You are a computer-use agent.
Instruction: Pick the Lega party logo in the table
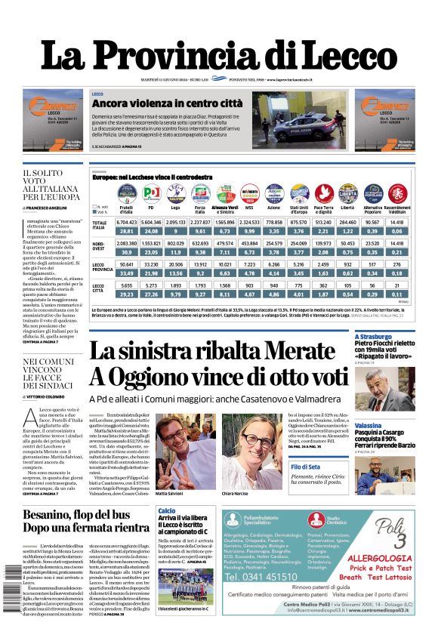pyautogui.click(x=175, y=193)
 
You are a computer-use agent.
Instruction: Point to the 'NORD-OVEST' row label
pyautogui.click(x=100, y=247)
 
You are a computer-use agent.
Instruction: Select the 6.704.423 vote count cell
pyautogui.click(x=126, y=223)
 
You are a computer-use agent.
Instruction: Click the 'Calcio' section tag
pyautogui.click(x=167, y=510)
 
